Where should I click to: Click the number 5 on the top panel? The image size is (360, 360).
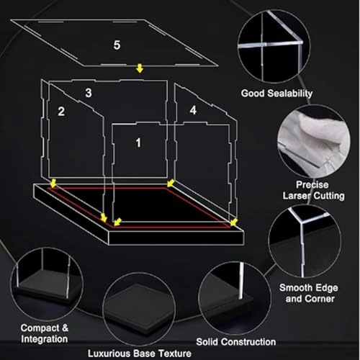point(117,45)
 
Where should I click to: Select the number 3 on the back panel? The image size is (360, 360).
point(89,93)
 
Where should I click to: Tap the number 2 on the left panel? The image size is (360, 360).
point(61,112)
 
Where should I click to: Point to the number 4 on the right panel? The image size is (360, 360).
point(193,110)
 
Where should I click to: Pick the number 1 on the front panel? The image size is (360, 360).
point(138,143)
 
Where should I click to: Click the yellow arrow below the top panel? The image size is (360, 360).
point(140,68)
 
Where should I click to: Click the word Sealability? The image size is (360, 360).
point(290,94)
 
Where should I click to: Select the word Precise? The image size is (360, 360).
point(312,185)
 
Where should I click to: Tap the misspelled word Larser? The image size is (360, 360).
point(297,196)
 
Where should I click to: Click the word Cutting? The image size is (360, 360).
point(329,196)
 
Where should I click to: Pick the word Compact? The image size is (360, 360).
point(40,328)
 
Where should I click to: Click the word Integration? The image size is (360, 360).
point(45,339)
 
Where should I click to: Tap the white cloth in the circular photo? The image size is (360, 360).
point(313,139)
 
